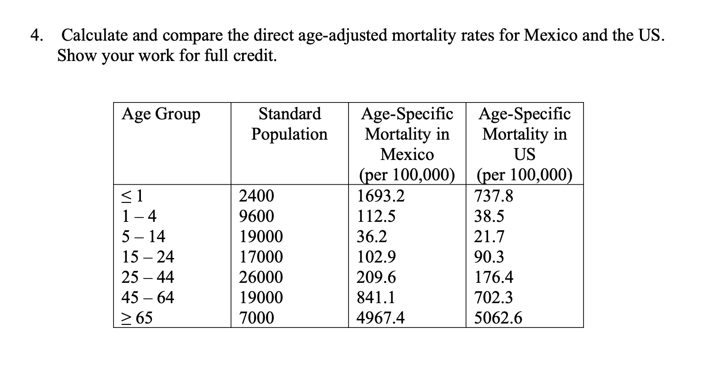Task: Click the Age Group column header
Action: point(161,114)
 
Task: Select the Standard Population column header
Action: point(289,124)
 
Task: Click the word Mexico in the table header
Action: point(407,154)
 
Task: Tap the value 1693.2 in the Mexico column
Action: point(380,196)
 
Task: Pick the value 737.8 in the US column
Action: point(493,196)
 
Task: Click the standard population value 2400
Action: point(256,196)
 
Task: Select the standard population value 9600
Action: point(256,216)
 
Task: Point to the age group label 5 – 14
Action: point(143,236)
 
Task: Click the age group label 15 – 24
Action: point(148,257)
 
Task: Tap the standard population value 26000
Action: point(261,277)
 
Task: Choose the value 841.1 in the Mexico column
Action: point(376,297)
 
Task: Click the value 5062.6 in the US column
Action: point(498,318)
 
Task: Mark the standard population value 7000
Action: point(256,318)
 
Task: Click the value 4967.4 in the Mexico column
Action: point(380,318)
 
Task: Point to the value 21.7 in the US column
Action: point(489,236)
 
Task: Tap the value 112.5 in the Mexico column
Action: point(376,216)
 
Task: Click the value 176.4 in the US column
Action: point(493,277)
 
